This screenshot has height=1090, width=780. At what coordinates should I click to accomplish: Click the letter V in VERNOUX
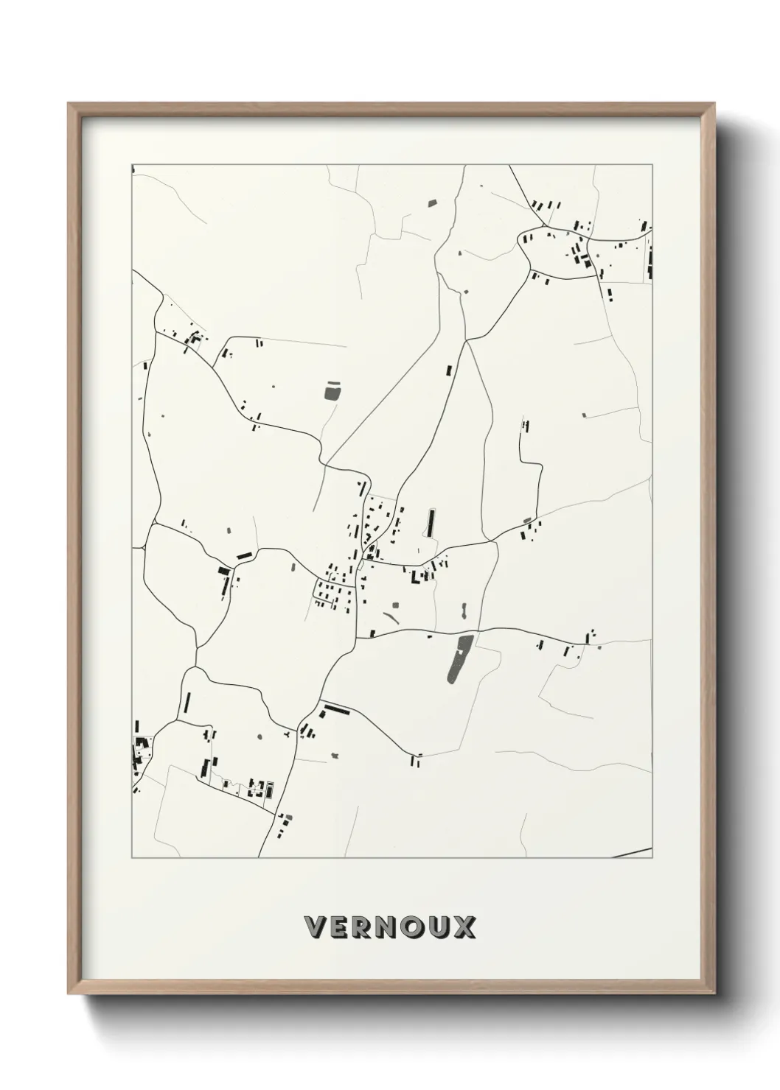click(x=314, y=927)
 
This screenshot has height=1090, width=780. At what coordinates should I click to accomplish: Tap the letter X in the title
click(x=465, y=927)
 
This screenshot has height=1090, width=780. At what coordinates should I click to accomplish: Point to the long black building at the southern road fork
click(x=336, y=711)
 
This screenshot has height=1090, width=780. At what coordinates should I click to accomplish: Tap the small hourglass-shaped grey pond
click(x=464, y=611)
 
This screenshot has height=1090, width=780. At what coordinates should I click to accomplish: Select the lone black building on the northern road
click(x=448, y=370)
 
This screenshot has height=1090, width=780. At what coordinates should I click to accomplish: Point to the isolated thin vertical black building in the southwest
click(x=187, y=703)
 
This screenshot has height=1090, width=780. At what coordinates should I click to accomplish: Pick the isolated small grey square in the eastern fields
click(x=584, y=415)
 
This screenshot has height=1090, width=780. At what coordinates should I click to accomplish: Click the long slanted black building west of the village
click(x=244, y=555)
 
